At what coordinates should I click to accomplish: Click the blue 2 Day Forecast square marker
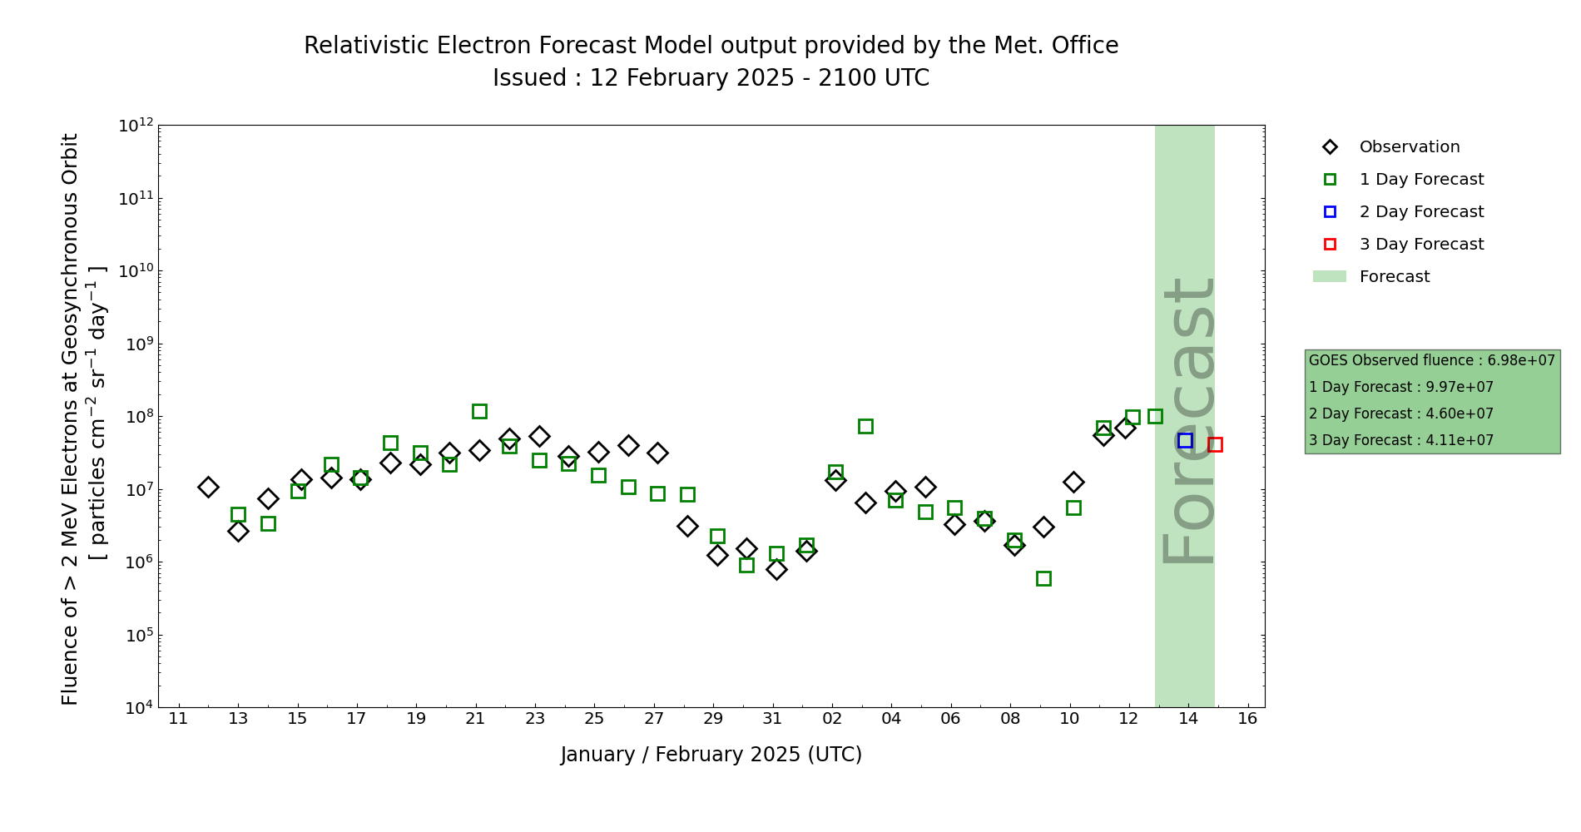pos(1185,440)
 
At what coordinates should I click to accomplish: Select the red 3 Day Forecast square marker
pos(1215,444)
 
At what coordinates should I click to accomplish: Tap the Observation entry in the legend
pos(1409,147)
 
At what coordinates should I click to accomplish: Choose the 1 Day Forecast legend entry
pos(1420,180)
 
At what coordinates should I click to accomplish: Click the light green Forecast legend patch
pos(1329,276)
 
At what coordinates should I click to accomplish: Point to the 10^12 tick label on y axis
pos(136,126)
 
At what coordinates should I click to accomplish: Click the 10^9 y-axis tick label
pos(136,344)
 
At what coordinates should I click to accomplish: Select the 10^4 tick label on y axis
pos(136,708)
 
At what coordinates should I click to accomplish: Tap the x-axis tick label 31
pos(772,719)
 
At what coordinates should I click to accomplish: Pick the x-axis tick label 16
pos(1247,719)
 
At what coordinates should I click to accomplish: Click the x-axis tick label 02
pos(832,719)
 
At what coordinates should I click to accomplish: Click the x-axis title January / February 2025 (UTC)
pos(711,755)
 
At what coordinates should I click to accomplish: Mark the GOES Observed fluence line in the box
pos(1431,360)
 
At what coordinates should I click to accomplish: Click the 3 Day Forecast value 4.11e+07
pos(1459,440)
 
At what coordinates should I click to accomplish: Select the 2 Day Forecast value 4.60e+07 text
pos(1459,414)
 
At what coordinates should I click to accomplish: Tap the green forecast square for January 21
pos(479,411)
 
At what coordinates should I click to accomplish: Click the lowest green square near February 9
pos(1043,578)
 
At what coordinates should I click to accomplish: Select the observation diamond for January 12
pos(208,487)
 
